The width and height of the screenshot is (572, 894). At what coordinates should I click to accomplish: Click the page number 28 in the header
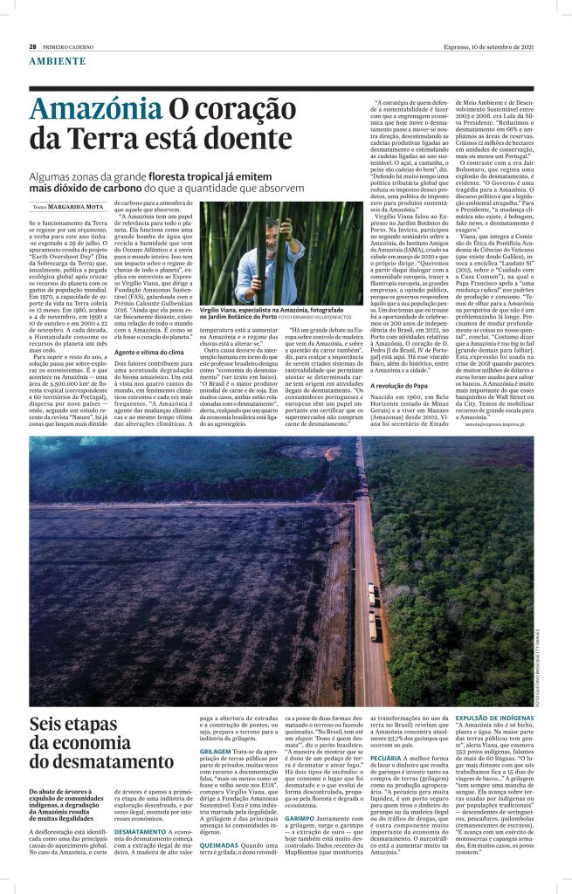tap(32, 46)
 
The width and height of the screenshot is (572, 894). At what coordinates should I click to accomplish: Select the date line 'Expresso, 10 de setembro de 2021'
tap(494, 46)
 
